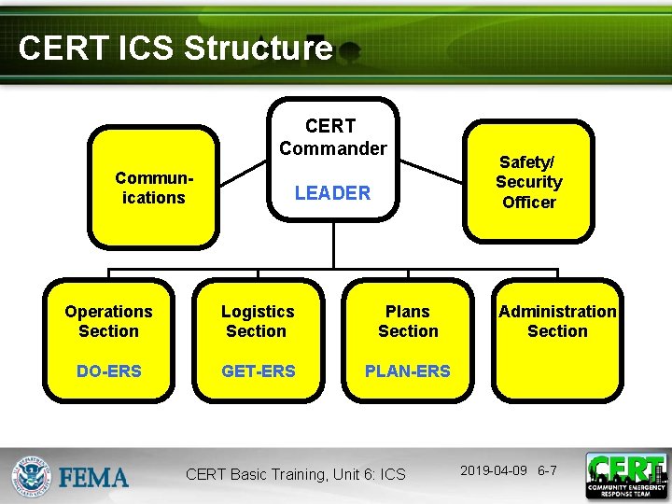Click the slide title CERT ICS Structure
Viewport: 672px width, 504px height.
click(175, 49)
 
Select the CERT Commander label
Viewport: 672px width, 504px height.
click(331, 136)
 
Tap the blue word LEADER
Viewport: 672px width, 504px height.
click(332, 193)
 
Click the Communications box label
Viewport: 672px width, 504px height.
click(153, 188)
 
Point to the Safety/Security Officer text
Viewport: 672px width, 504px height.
click(528, 182)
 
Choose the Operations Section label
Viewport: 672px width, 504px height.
click(108, 321)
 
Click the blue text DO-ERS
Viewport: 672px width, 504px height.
click(108, 371)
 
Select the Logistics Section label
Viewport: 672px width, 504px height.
click(257, 321)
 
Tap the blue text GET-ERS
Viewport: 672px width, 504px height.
click(258, 371)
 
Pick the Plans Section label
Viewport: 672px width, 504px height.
click(408, 321)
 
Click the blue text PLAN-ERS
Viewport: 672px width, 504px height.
click(408, 371)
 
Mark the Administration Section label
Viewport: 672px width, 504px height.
click(557, 321)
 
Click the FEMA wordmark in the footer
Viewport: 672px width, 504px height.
click(94, 478)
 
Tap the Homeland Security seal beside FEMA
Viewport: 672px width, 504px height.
click(33, 476)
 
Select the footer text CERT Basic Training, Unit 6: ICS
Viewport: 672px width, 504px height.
click(296, 474)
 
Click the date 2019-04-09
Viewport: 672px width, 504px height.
click(495, 470)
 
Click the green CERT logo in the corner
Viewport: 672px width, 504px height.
click(626, 475)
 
